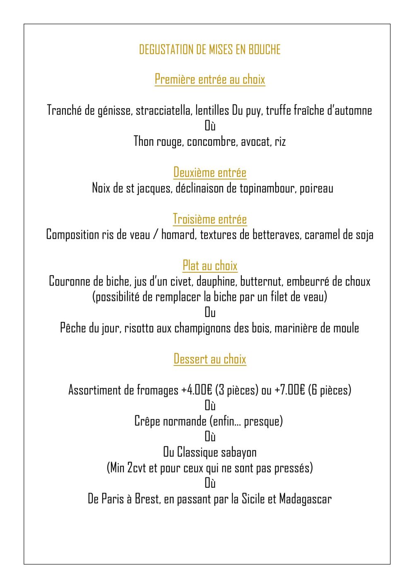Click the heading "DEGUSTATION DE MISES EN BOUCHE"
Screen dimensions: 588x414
210,50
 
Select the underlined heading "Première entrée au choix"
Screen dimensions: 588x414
210,79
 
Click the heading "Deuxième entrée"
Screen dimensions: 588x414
210,172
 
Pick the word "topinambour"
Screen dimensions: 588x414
267,189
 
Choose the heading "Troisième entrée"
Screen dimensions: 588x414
210,219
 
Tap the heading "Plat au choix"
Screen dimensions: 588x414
210,266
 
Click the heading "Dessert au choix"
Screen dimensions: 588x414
210,359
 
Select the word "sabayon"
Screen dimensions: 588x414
239,452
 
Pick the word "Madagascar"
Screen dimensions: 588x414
305,499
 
